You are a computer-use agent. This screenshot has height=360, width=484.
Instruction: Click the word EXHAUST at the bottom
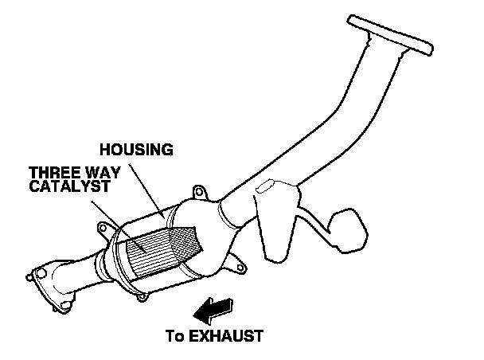tap(225, 335)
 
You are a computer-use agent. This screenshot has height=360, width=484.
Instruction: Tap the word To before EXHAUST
tap(175, 335)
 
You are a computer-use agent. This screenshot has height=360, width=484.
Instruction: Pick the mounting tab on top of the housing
tap(201, 194)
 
